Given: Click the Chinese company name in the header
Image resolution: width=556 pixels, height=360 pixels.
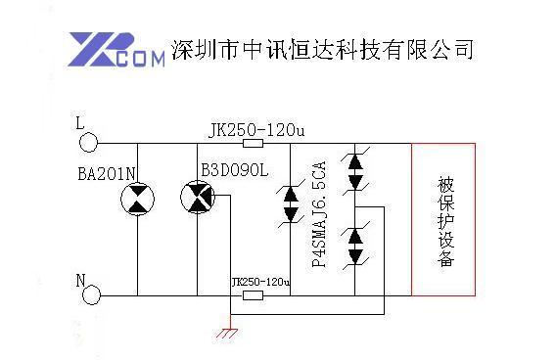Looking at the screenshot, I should [322, 49].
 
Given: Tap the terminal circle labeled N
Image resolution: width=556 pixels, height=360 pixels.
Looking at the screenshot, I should [91, 294].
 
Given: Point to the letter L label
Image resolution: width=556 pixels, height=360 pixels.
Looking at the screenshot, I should [80, 123].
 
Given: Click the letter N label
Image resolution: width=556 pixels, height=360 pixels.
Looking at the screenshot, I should [80, 280].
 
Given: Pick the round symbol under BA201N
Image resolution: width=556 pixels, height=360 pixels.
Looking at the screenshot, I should [136, 201].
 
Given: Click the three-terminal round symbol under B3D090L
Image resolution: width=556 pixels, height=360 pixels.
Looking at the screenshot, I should [196, 200].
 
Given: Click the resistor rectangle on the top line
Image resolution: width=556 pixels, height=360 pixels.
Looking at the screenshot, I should [253, 143].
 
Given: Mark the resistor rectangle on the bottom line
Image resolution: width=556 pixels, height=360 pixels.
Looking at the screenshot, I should [253, 294].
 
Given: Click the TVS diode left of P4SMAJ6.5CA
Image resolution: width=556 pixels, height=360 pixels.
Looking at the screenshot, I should [290, 205].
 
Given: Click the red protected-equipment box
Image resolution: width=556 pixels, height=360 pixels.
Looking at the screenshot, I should [444, 218].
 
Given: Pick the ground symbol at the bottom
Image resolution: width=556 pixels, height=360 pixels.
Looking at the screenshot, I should [229, 333].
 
